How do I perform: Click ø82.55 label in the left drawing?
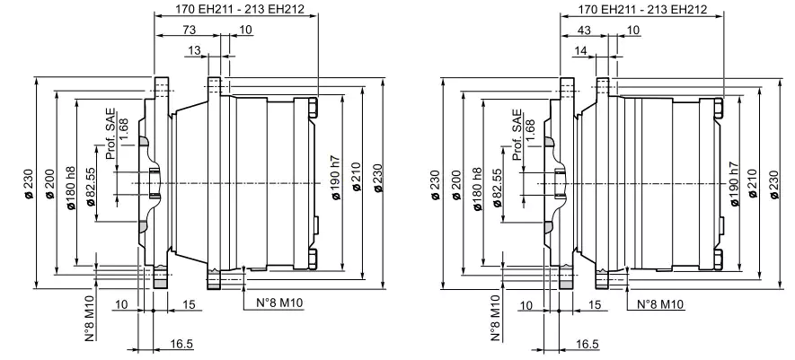coord(93,189)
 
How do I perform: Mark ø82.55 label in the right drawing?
coord(499,189)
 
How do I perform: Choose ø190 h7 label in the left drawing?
coord(334,185)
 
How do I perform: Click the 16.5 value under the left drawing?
coord(183,343)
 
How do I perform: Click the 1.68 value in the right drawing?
coord(530,128)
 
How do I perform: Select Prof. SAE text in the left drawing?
coord(110,136)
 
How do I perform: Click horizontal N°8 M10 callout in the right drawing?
coord(660,304)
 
